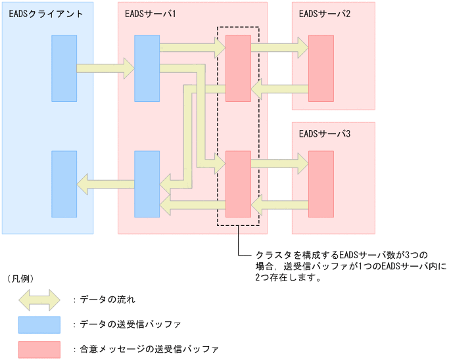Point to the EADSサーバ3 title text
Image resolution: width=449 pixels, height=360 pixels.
click(x=325, y=134)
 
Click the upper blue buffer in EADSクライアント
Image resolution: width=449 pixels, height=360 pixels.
click(x=64, y=68)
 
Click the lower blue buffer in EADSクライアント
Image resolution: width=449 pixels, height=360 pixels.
click(x=64, y=184)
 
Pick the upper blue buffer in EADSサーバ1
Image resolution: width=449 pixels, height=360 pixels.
click(x=147, y=68)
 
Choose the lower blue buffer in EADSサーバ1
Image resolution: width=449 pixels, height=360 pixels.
click(x=147, y=184)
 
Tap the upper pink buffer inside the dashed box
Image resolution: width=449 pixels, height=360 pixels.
click(x=238, y=68)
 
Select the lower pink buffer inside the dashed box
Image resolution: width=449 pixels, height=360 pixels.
click(x=238, y=184)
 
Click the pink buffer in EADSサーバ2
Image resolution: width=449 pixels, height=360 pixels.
click(x=321, y=68)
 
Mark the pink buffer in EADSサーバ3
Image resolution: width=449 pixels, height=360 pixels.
click(x=321, y=184)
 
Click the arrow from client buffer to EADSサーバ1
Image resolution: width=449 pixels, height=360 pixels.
click(x=105, y=67)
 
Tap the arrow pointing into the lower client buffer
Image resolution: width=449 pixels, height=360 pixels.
click(x=105, y=183)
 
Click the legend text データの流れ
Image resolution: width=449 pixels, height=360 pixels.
click(x=108, y=300)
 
